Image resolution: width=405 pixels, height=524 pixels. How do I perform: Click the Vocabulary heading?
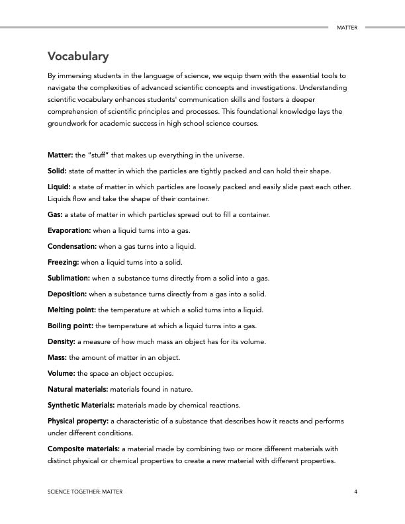pos(78,56)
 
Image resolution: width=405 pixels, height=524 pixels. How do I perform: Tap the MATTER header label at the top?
pos(347,28)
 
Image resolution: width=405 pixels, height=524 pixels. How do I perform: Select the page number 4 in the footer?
pos(355,492)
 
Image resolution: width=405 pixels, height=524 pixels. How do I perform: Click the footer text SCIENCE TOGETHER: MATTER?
pos(85,492)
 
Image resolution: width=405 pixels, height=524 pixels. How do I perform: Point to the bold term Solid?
pos(58,171)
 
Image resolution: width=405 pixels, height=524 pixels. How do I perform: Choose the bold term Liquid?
pos(59,187)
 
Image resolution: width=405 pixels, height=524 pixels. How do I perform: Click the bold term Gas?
pos(55,214)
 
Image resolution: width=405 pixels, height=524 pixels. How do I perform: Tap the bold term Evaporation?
pos(69,230)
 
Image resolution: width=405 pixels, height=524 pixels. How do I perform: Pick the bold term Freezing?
pos(64,262)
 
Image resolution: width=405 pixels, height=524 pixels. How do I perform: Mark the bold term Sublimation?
pos(69,278)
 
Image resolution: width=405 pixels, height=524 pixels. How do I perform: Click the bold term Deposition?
pos(67,294)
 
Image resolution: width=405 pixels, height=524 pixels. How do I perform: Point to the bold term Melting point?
pos(71,310)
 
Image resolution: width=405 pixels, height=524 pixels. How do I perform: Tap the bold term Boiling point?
pos(71,326)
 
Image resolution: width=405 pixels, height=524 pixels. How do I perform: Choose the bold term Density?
pos(62,341)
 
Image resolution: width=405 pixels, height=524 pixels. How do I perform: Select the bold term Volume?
pos(62,373)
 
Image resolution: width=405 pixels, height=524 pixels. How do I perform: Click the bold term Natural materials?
pos(77,389)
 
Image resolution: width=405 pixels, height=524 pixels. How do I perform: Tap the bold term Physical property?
pos(78,421)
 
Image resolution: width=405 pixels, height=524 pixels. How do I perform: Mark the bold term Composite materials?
pos(83,449)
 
